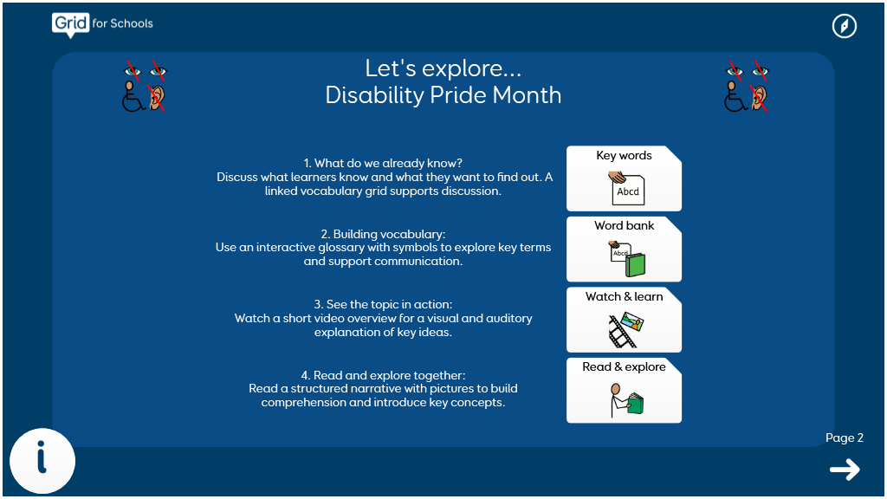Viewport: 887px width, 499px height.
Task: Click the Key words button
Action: click(x=624, y=178)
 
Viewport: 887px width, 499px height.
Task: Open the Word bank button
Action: click(x=624, y=249)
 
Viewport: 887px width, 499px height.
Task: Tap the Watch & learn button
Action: click(x=624, y=320)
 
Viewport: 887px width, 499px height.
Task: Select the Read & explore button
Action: click(x=624, y=391)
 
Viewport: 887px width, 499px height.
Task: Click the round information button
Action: click(x=42, y=461)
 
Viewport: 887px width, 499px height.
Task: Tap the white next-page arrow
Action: click(x=845, y=470)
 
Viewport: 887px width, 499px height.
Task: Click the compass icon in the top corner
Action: click(x=844, y=26)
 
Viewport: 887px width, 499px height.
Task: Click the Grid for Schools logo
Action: click(x=102, y=25)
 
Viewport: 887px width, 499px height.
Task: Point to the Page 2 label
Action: click(x=844, y=437)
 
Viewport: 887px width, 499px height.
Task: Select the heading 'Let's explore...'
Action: click(x=443, y=68)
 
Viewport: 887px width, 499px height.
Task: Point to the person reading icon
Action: click(x=626, y=400)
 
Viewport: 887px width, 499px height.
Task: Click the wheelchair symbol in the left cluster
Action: click(x=133, y=97)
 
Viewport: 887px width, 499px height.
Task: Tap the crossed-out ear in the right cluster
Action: click(x=759, y=98)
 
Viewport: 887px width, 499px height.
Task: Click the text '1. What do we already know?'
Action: click(x=383, y=163)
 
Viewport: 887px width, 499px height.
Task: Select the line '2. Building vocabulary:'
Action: click(x=383, y=234)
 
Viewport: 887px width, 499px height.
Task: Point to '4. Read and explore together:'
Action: click(x=383, y=375)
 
